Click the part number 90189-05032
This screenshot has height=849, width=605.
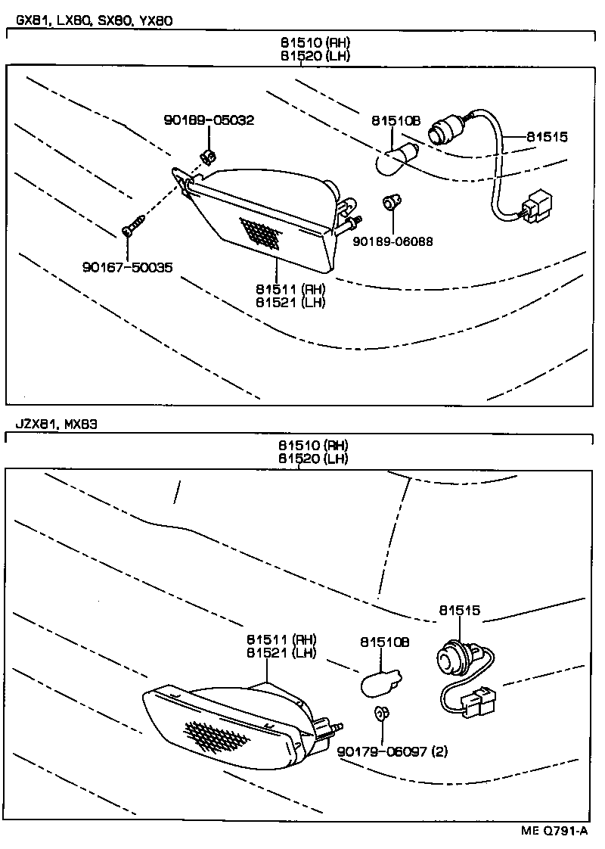[x=209, y=120]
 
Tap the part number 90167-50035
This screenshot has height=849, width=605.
[x=127, y=266]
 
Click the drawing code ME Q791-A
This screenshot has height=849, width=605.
[x=554, y=831]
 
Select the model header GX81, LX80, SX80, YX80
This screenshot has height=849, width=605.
[x=90, y=20]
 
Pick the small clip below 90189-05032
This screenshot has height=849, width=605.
[x=207, y=157]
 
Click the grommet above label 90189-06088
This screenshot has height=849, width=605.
[x=390, y=202]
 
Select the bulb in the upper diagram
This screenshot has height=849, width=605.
[x=394, y=161]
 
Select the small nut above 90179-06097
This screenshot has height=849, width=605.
[x=381, y=714]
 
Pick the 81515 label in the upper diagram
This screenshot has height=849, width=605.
[x=547, y=137]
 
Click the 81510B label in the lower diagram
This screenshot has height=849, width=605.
[x=384, y=642]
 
